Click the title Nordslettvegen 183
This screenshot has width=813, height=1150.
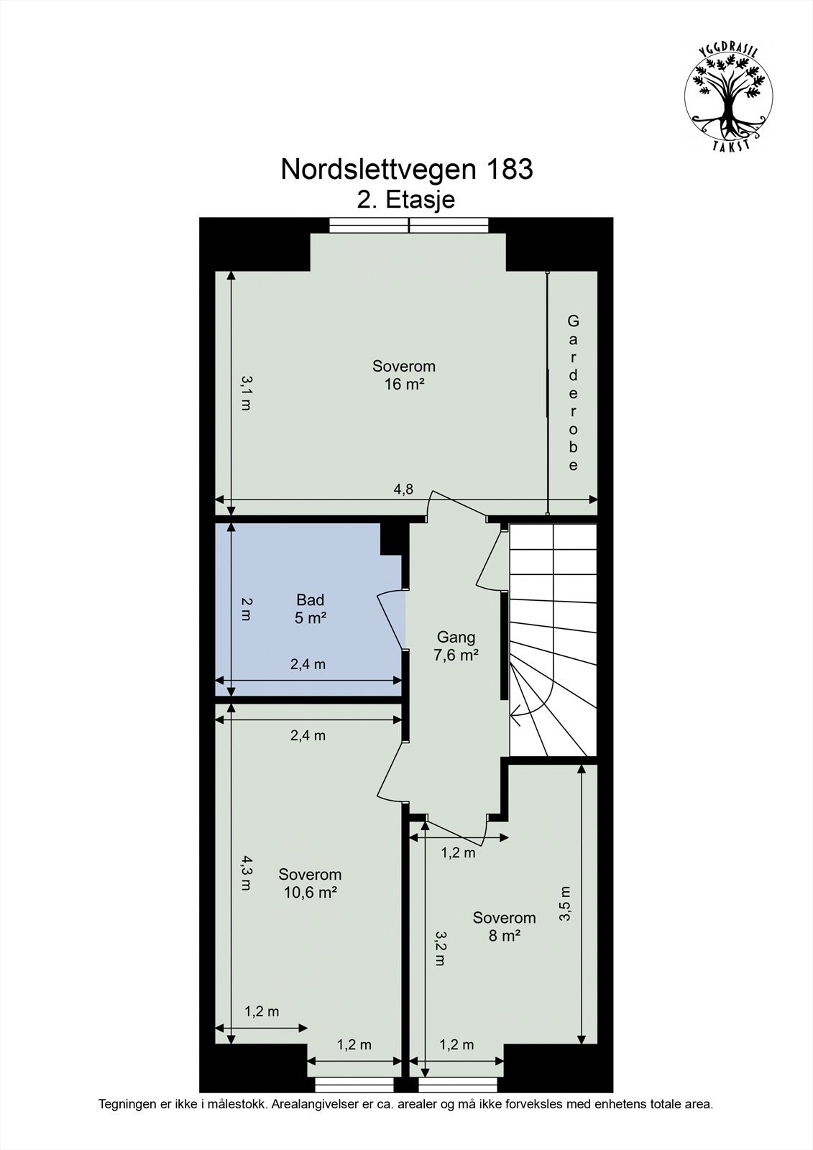[407, 170]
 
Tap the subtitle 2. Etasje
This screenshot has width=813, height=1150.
[406, 199]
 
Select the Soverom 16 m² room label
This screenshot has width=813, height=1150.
[404, 374]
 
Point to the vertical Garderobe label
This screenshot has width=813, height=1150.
[573, 392]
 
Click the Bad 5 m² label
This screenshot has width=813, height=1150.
[311, 608]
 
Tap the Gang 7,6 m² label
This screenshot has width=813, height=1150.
[456, 645]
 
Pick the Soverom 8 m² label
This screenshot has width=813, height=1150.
[504, 926]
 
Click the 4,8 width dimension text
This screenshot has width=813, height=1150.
[403, 489]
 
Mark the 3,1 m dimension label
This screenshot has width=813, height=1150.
[246, 392]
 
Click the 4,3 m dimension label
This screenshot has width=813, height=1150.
[246, 873]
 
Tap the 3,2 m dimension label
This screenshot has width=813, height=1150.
[440, 949]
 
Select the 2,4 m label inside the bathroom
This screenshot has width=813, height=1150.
[308, 664]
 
